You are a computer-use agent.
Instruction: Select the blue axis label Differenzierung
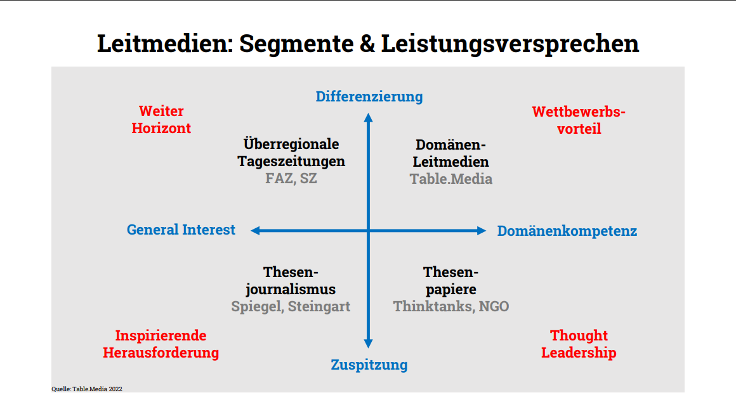(x=369, y=96)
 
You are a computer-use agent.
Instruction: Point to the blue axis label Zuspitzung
(x=369, y=365)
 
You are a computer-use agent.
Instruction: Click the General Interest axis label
(x=181, y=230)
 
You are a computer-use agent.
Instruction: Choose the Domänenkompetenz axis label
(x=567, y=231)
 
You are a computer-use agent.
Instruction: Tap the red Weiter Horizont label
(x=161, y=120)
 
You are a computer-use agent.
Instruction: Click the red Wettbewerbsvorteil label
(x=579, y=120)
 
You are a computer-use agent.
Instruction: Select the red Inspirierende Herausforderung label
(x=161, y=344)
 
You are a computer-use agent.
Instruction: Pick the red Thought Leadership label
(x=579, y=344)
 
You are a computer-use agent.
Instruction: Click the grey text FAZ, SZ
(x=291, y=179)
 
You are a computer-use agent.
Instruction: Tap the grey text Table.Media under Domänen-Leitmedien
(x=451, y=179)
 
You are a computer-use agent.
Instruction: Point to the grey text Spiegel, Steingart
(x=291, y=307)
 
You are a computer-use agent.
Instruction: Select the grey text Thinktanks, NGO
(x=451, y=307)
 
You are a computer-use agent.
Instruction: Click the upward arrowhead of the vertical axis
(x=369, y=117)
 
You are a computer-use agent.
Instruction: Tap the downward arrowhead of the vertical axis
(x=369, y=344)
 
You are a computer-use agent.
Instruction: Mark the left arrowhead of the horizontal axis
(x=255, y=231)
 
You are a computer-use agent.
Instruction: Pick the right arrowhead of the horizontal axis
(x=482, y=231)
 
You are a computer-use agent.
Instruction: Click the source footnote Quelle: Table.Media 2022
(x=87, y=389)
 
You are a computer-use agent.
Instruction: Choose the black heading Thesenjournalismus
(x=291, y=281)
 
